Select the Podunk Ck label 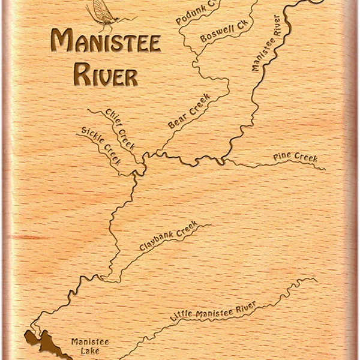point(196,12)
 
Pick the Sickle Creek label point(101,145)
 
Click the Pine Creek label point(295,158)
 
